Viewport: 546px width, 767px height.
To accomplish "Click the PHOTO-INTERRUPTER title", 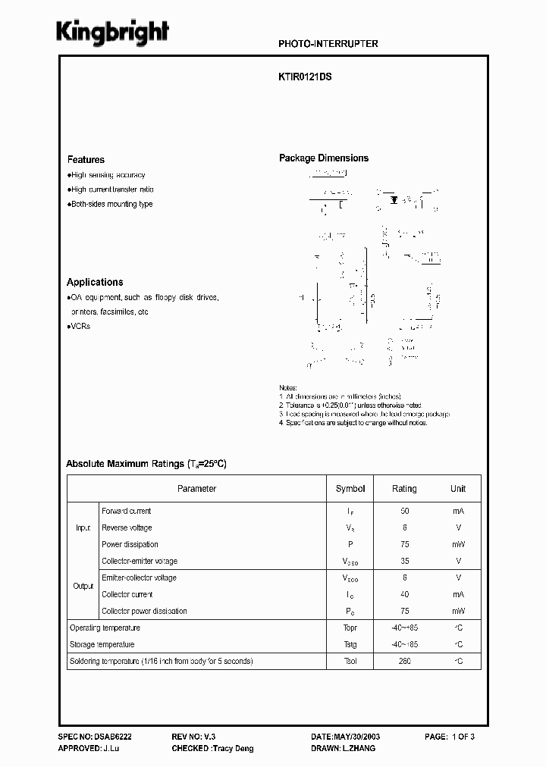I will pyautogui.click(x=328, y=44).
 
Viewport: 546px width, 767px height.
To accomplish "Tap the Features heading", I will pyautogui.click(x=86, y=160).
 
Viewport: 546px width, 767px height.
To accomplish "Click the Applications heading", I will pyautogui.click(x=95, y=282).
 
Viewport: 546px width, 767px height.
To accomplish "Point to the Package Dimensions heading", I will pyautogui.click(x=324, y=158).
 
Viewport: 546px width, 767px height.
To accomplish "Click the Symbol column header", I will pyautogui.click(x=350, y=489).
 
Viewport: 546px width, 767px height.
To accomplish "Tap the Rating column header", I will pyautogui.click(x=404, y=489).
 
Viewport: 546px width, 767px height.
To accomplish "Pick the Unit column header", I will pyautogui.click(x=458, y=489).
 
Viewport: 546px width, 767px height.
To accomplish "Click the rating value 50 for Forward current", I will pyautogui.click(x=404, y=512).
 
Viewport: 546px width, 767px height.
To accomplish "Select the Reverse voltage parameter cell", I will pyautogui.click(x=127, y=528).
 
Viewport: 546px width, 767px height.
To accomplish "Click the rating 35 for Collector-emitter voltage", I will pyautogui.click(x=404, y=562).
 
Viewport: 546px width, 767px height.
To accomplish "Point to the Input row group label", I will pyautogui.click(x=83, y=528).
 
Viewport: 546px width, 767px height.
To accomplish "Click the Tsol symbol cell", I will pyautogui.click(x=350, y=662).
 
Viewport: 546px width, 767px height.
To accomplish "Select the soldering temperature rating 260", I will pyautogui.click(x=404, y=662).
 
